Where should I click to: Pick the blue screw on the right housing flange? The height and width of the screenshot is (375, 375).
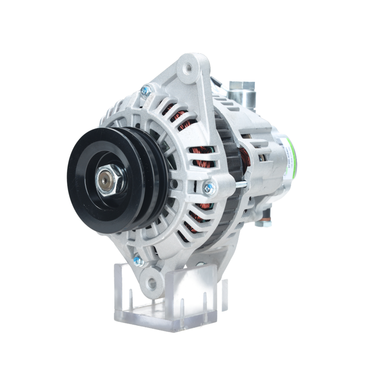(x=210, y=187)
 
